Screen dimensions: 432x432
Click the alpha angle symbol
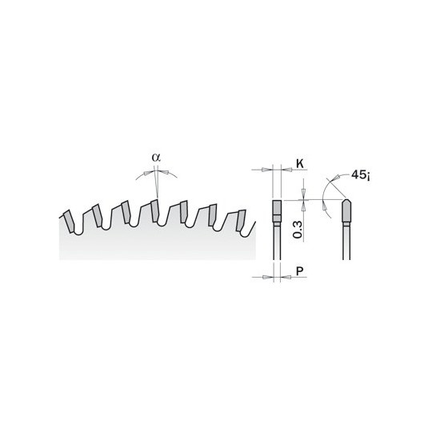pyautogui.click(x=156, y=158)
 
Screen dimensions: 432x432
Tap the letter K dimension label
pyautogui.click(x=300, y=164)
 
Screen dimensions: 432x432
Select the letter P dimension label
pyautogui.click(x=299, y=271)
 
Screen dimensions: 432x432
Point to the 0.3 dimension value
pyautogui.click(x=298, y=230)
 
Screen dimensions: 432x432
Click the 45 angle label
pyautogui.click(x=360, y=175)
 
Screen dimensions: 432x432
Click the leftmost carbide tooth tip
pyautogui.click(x=69, y=222)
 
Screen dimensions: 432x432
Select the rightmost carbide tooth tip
pyautogui.click(x=241, y=220)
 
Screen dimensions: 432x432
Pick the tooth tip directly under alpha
pyautogui.click(x=155, y=210)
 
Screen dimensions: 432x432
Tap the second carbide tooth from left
pyautogui.click(x=98, y=216)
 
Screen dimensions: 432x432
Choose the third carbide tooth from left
pyautogui.click(x=126, y=212)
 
